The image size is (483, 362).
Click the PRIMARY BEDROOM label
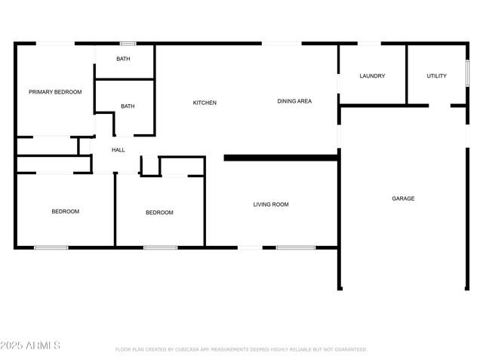coord(55,92)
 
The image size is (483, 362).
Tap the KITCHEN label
coord(205,103)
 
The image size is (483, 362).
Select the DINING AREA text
coord(294,101)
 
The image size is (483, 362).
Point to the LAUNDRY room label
coord(373,76)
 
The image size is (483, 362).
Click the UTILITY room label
coord(436,76)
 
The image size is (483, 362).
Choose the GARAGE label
coord(403,198)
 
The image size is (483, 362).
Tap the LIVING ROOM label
coord(271,204)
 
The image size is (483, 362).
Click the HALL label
coord(118,150)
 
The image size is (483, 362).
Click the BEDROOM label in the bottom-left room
coord(66,211)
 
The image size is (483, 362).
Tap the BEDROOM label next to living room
coord(159,213)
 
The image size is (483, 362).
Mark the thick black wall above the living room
coord(280,158)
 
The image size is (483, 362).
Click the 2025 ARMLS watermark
coord(31,345)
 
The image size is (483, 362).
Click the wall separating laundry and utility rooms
coord(408,74)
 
